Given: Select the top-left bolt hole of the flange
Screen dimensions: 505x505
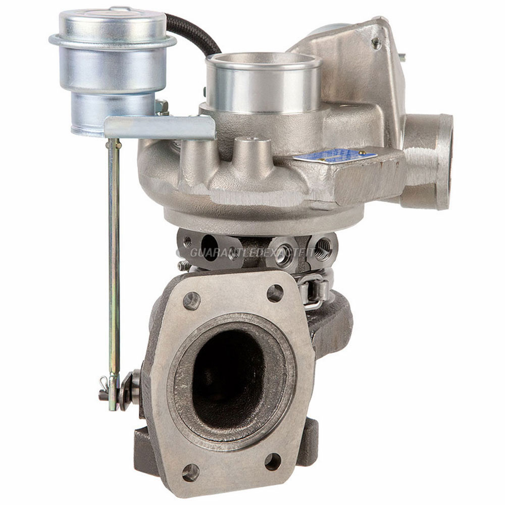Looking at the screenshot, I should pos(192,301).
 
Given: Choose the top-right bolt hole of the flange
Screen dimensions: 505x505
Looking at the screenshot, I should pos(275,293).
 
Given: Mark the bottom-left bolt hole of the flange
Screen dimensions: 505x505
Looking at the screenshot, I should pos(190,473).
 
